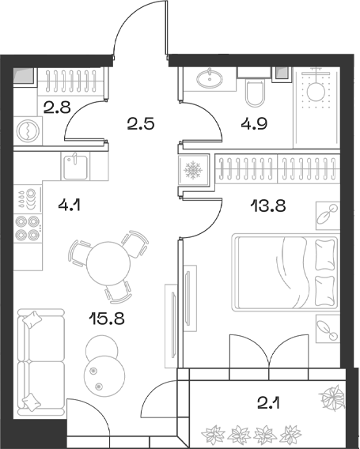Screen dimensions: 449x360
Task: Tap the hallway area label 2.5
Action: tap(139, 123)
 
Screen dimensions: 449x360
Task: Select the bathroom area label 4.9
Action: tap(255, 123)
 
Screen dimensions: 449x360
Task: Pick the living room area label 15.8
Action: tap(108, 320)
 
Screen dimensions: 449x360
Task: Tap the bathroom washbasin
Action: tap(211, 78)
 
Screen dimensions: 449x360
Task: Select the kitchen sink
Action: tap(76, 167)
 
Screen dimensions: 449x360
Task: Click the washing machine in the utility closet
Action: tap(27, 128)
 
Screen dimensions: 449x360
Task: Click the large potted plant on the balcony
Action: tap(331, 396)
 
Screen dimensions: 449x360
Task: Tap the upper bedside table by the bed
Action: tap(326, 213)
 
